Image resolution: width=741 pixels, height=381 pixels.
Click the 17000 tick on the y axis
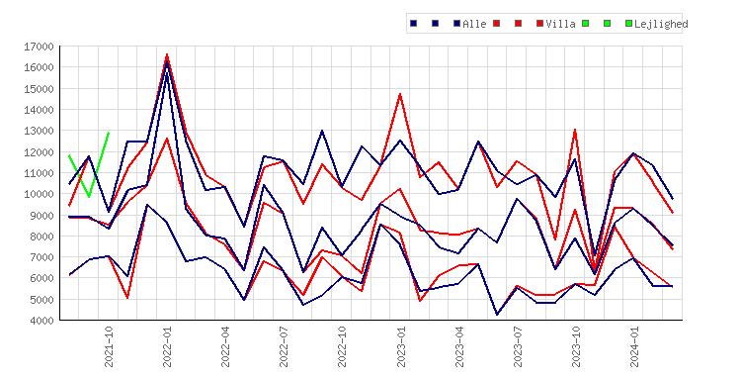(39, 47)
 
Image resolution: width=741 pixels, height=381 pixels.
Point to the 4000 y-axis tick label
(41, 321)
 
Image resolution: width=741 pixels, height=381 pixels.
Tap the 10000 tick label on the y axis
(39, 194)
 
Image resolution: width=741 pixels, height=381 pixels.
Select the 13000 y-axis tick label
(39, 131)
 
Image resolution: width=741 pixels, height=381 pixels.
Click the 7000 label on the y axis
(41, 257)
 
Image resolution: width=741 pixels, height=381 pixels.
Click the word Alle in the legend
(474, 24)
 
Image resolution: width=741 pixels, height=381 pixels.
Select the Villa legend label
(560, 24)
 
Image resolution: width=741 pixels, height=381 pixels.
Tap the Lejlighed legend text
(661, 24)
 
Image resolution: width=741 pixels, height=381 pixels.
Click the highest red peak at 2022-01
(167, 54)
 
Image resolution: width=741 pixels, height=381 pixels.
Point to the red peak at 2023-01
(400, 94)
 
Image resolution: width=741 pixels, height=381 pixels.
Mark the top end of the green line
(109, 133)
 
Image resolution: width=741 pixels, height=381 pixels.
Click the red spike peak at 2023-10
(575, 130)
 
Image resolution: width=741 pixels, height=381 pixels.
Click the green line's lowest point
(89, 196)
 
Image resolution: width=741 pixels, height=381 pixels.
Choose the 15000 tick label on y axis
(39, 89)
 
